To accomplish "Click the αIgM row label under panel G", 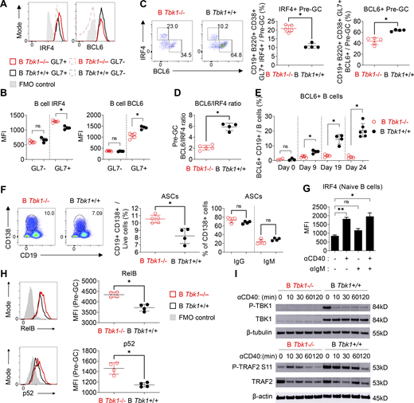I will (316, 271).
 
